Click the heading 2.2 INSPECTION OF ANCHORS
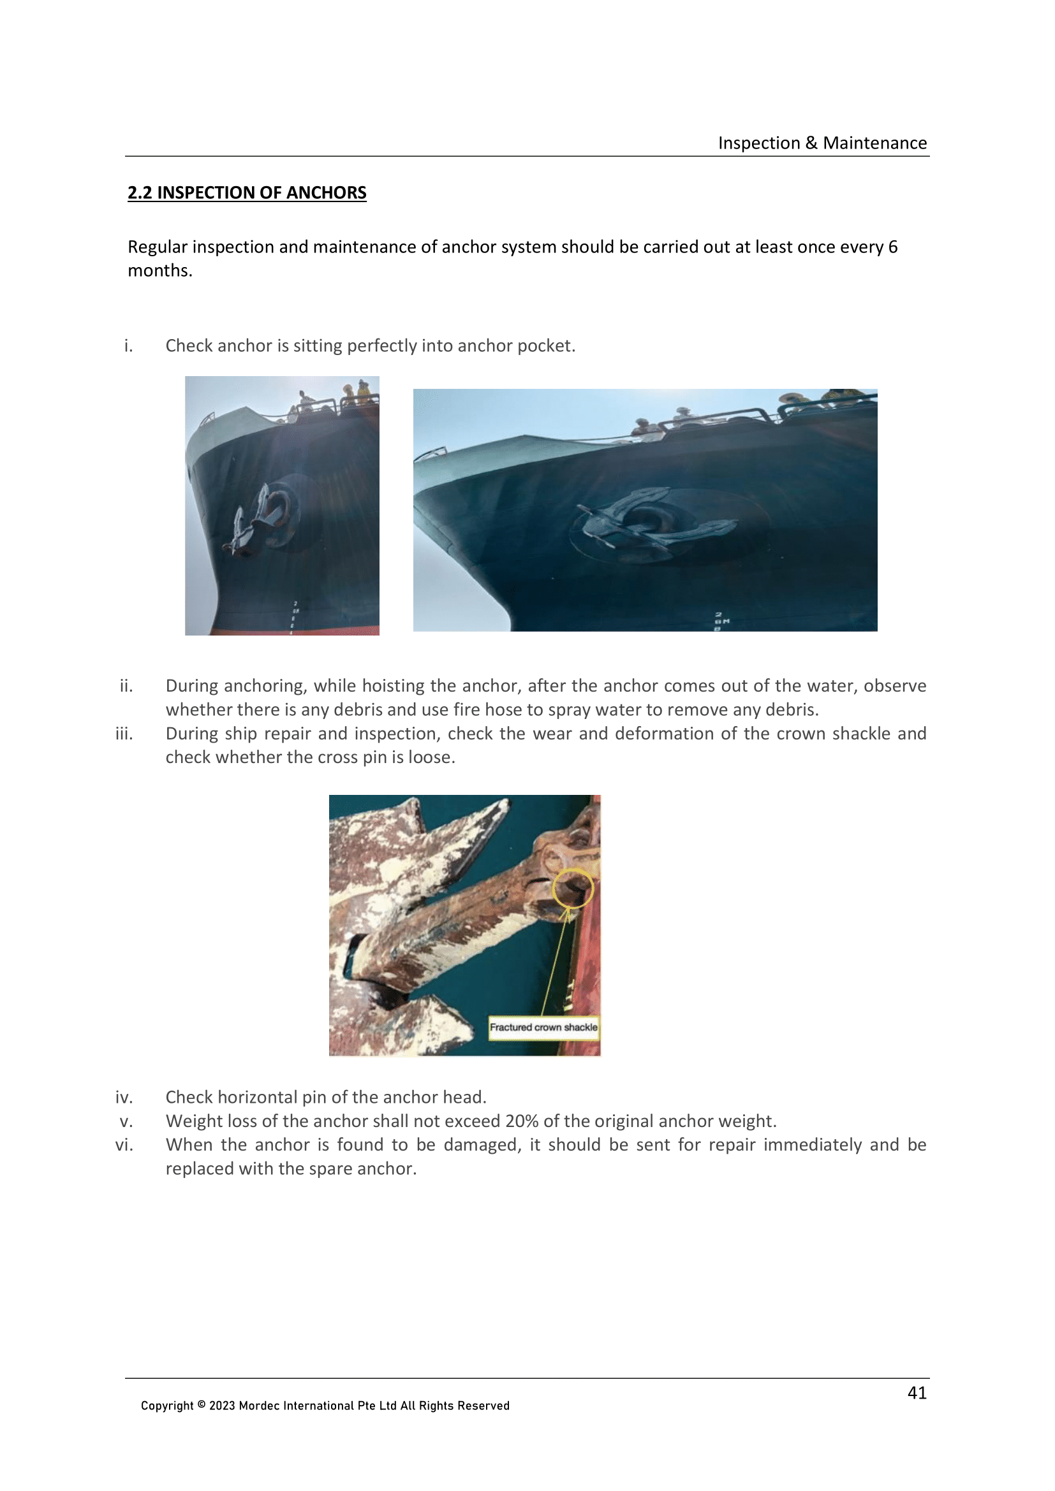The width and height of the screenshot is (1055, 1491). point(247,193)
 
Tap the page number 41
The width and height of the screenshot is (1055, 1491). point(917,1392)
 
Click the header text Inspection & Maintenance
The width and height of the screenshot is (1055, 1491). point(822,143)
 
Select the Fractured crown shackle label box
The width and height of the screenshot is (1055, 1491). point(543,1027)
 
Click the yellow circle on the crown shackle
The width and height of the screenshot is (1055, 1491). point(572,888)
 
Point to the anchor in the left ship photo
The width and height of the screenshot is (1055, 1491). point(256,520)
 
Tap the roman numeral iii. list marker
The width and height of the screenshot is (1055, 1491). point(124,734)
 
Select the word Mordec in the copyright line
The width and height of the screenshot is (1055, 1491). point(258,1406)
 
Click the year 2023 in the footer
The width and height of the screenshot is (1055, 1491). point(222,1406)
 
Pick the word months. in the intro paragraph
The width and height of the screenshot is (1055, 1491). point(160,271)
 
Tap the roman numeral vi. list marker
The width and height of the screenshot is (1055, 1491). point(124,1145)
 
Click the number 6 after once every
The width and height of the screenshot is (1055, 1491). point(892,247)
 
